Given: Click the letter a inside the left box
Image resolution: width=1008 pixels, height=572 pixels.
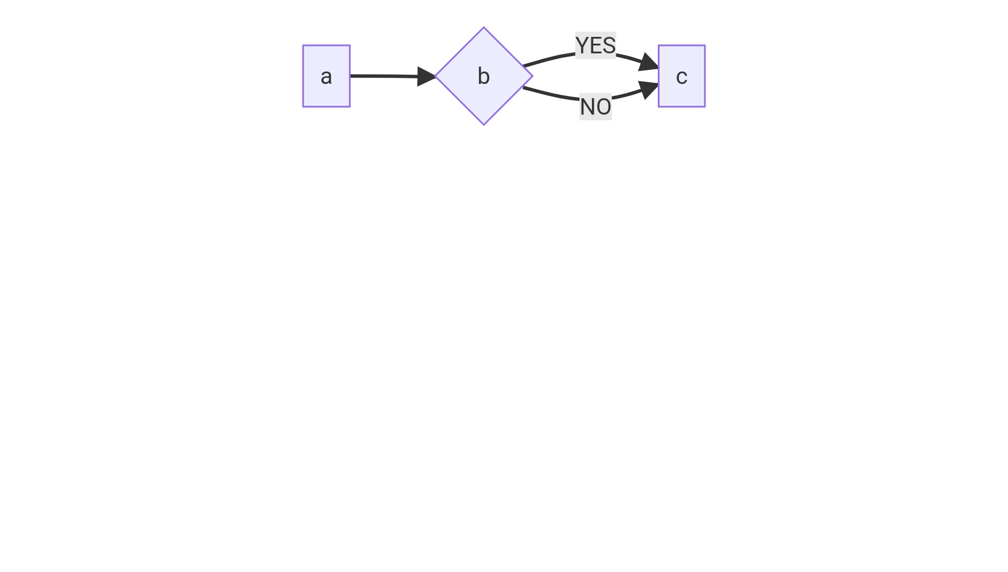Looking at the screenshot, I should pyautogui.click(x=326, y=77).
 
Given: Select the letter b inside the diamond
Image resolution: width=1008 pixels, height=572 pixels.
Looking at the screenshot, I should pyautogui.click(x=484, y=77).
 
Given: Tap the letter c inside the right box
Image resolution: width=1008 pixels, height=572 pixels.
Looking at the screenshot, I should pyautogui.click(x=682, y=77).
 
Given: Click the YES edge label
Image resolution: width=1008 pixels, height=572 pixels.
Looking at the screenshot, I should pyautogui.click(x=595, y=45).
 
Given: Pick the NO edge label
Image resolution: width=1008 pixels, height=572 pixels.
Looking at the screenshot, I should pyautogui.click(x=595, y=107).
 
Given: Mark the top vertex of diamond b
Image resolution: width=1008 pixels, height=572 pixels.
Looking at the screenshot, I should pyautogui.click(x=484, y=28).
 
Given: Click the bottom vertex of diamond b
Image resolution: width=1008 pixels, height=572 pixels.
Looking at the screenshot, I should pyautogui.click(x=484, y=124).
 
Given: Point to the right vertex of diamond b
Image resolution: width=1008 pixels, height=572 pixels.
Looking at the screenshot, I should pyautogui.click(x=532, y=75).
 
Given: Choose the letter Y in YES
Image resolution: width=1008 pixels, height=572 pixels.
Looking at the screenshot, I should pyautogui.click(x=582, y=45).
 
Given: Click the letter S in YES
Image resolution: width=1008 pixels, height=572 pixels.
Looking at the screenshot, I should pyautogui.click(x=609, y=45).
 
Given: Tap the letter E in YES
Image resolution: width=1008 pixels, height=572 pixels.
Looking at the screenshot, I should pyautogui.click(x=595, y=45).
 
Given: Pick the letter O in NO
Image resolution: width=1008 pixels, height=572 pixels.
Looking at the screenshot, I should pyautogui.click(x=603, y=107).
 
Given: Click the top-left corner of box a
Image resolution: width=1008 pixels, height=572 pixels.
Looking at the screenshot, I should pyautogui.click(x=303, y=45).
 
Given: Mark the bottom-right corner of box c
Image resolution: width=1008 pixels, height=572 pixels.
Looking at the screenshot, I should pyautogui.click(x=705, y=106).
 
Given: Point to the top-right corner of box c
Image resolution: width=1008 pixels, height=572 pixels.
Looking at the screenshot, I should pyautogui.click(x=705, y=45).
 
